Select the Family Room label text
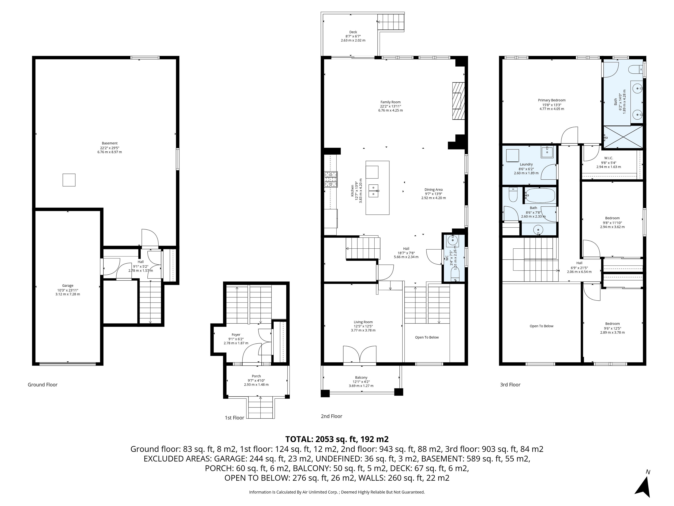click(x=390, y=102)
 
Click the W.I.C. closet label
click(x=609, y=158)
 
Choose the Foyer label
click(x=236, y=335)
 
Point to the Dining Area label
click(x=434, y=189)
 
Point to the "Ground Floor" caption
click(x=43, y=385)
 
